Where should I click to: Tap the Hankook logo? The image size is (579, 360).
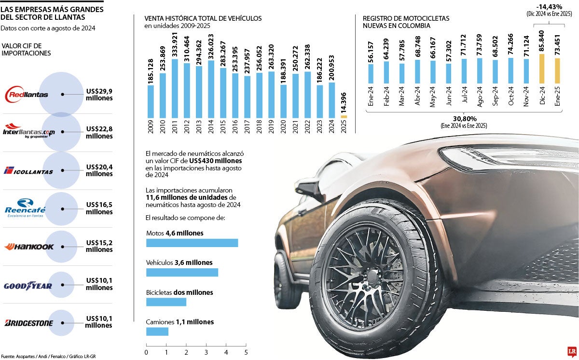click(28, 247)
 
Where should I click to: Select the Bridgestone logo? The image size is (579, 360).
click(28, 323)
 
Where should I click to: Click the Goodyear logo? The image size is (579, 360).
click(28, 286)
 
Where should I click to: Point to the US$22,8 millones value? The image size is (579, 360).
click(99, 133)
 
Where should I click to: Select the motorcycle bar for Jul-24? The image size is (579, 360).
click(464, 71)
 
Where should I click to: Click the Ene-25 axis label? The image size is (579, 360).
click(557, 97)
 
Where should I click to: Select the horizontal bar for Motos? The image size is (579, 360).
click(192, 243)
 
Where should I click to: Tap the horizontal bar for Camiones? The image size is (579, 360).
click(157, 332)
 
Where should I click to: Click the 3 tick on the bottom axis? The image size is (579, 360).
click(206, 352)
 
